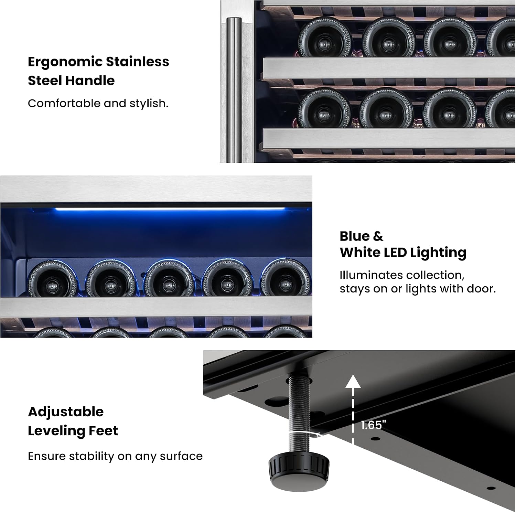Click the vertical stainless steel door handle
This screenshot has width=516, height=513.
click(234, 89)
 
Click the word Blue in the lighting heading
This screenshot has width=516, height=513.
click(354, 236)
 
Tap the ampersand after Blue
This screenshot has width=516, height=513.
click(378, 236)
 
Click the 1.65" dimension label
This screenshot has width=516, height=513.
click(373, 425)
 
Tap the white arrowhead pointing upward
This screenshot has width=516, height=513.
click(353, 382)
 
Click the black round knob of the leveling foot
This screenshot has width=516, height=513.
click(299, 471)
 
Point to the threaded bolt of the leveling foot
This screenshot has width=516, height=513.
click(299, 415)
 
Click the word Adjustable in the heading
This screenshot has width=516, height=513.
click(66, 412)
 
